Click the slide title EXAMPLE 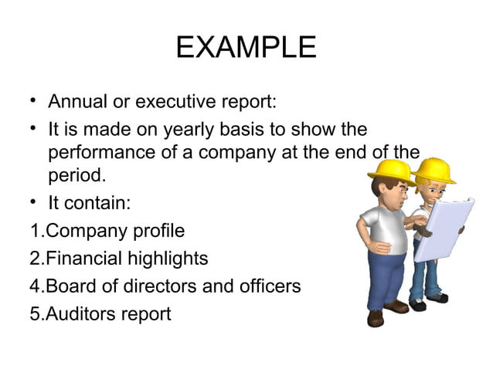click(x=246, y=48)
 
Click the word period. click(x=76, y=176)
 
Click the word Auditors click(x=82, y=314)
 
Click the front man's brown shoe click(x=376, y=317)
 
